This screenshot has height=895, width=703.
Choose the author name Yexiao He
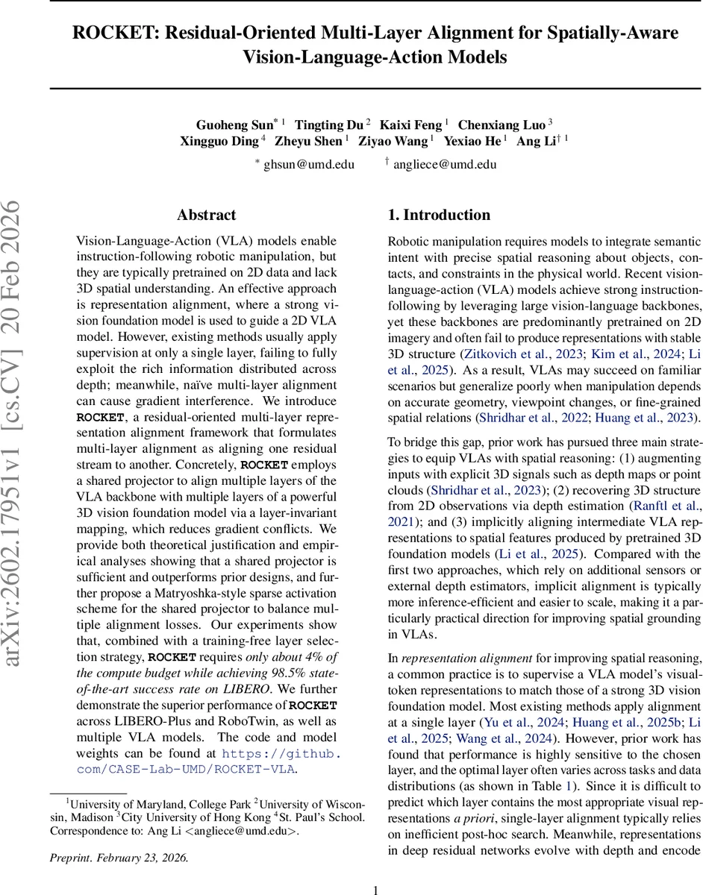(473, 140)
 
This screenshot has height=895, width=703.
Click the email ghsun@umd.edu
(309, 164)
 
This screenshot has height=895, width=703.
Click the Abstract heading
(207, 216)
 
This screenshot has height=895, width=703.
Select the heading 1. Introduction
(439, 216)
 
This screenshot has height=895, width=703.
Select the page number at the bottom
(376, 889)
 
